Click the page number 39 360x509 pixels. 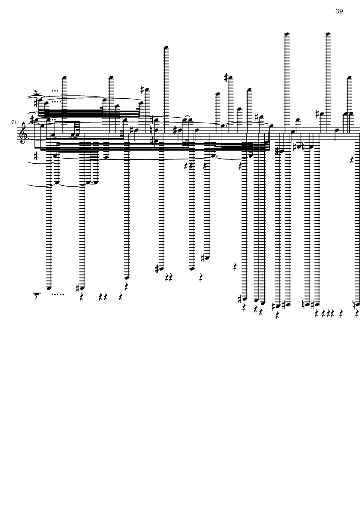pos(339,11)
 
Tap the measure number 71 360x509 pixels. pos(14,123)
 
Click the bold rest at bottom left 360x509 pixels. pos(37,295)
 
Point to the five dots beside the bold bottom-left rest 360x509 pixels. pos(57,295)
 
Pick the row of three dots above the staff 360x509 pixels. pos(55,91)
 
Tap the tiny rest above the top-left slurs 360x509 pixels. pos(37,92)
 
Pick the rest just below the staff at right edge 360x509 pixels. pos(353,160)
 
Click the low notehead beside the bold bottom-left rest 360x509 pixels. pos(49,287)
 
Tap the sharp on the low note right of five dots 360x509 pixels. pos(77,287)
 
